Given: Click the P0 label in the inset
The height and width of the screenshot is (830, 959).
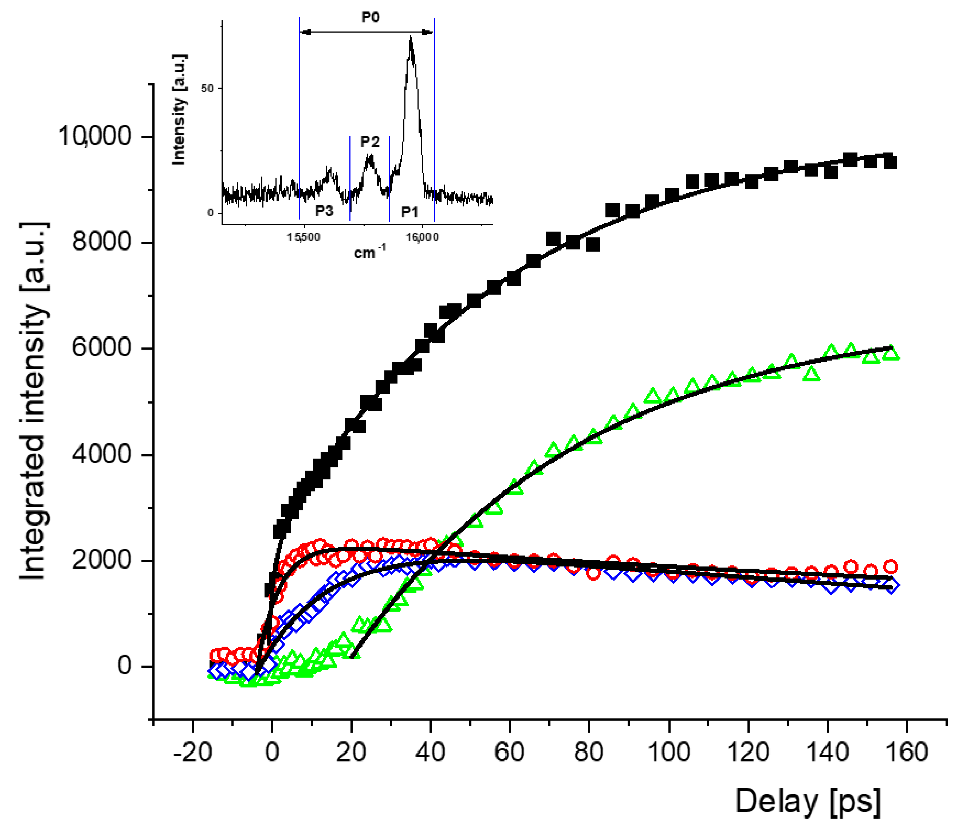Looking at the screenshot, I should tap(370, 17).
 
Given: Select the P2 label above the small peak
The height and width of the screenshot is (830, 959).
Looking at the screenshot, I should tap(370, 142).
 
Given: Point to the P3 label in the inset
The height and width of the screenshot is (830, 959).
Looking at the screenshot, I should tap(324, 211).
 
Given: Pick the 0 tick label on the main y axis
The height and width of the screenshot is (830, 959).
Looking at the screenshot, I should tap(124, 666).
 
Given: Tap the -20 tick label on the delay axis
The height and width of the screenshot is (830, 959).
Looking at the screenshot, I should tap(193, 752).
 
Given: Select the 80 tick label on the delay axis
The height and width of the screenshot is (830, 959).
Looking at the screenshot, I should tap(589, 752).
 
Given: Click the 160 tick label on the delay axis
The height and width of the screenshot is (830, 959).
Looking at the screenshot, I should tap(906, 752).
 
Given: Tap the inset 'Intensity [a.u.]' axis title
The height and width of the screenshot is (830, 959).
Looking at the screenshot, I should tap(179, 109).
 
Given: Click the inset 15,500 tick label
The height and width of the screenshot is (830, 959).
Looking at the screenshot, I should tap(303, 237).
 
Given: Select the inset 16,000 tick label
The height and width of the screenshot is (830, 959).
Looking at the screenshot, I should tap(422, 237).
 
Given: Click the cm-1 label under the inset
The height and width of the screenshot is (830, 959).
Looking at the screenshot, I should tap(369, 252).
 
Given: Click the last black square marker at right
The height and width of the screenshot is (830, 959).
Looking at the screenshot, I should tap(890, 162).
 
